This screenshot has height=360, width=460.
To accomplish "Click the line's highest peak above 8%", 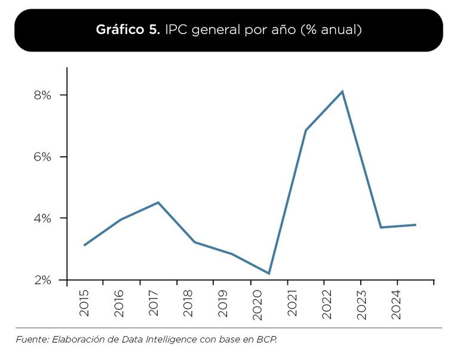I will (x=342, y=91).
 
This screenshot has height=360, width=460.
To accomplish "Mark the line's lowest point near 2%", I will (x=269, y=273).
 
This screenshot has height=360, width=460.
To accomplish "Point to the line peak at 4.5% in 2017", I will (x=158, y=203).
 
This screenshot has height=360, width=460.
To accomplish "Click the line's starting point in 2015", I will (x=85, y=245).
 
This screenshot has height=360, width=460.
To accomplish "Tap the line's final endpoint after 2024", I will (x=415, y=225).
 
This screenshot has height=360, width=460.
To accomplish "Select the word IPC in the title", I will (x=177, y=30).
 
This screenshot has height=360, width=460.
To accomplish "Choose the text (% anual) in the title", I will (x=332, y=30).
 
